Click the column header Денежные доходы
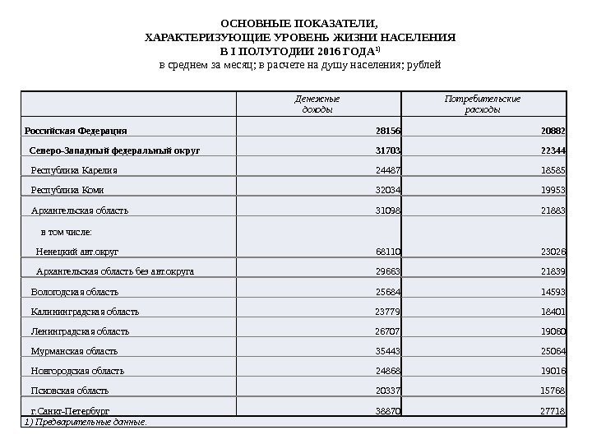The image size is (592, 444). tap(318, 104)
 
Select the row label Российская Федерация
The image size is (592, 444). tap(76, 130)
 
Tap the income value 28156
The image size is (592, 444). tap(388, 130)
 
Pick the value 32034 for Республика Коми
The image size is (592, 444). tap(388, 190)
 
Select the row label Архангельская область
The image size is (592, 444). tap(79, 210)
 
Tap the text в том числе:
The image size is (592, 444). tap(67, 233)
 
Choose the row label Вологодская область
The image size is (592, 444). tap(74, 291)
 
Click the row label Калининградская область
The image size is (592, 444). tap(85, 312)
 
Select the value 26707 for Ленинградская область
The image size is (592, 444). tap(388, 331)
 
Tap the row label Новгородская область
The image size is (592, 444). tap(77, 371)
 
